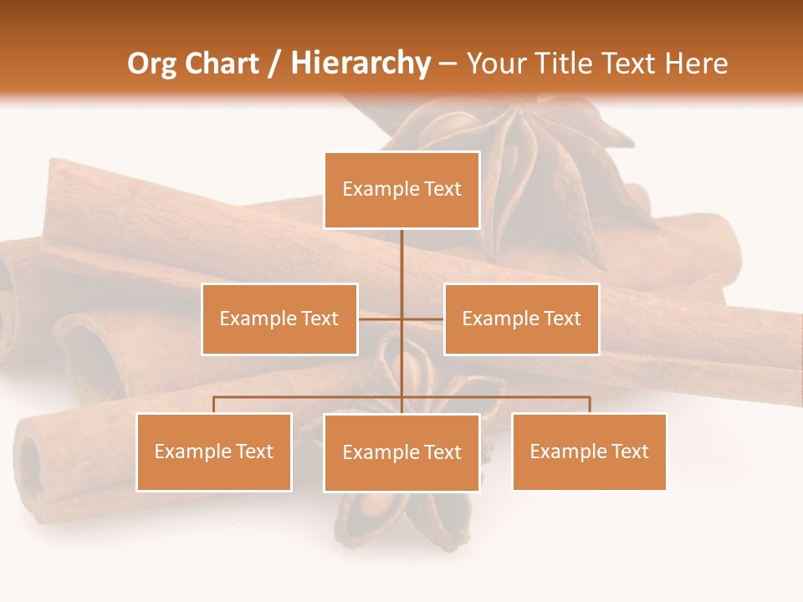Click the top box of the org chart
point(401,190)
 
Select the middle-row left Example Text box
point(279,319)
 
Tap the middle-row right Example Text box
point(521,319)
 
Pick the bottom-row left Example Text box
point(214,451)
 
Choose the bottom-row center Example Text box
point(401,452)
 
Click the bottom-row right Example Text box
point(589,451)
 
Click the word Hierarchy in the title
point(361,64)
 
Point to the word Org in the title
point(151,64)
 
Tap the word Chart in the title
point(219,64)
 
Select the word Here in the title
point(696,64)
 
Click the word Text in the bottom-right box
point(630,451)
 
